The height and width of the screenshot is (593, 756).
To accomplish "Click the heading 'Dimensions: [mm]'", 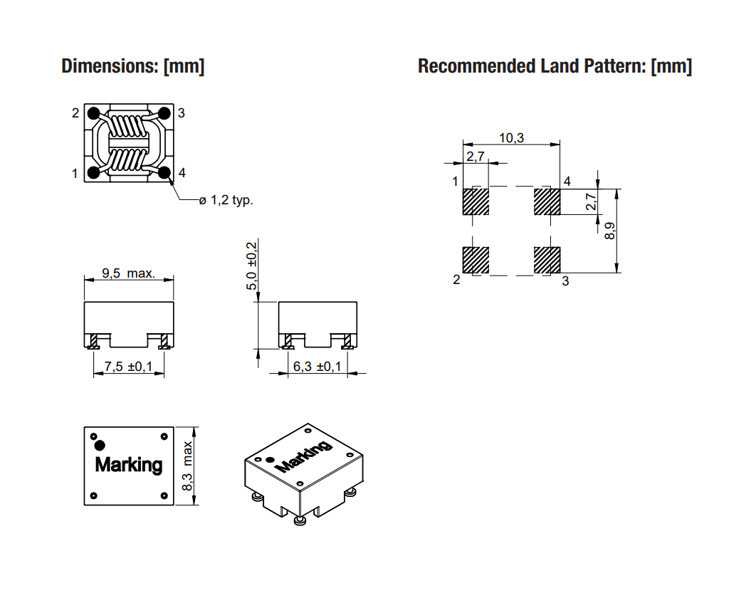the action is [x=133, y=66].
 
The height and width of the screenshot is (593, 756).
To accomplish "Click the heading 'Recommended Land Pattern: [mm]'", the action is [x=555, y=66].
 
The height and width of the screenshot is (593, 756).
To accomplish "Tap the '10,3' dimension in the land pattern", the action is [x=511, y=138].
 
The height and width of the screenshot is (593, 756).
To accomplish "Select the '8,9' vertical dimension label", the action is [x=609, y=231].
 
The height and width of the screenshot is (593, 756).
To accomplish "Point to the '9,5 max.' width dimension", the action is [x=128, y=273].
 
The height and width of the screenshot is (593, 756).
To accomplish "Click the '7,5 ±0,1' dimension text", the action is [x=128, y=367].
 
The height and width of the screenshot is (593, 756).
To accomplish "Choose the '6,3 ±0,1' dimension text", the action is [x=317, y=367].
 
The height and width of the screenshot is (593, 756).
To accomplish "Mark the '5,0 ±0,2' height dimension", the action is [x=252, y=266].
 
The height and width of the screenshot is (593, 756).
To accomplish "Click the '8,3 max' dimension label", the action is [x=187, y=466].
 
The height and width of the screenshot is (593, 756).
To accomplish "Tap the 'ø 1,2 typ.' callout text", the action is [x=226, y=199].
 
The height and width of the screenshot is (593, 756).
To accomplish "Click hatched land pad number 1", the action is [x=476, y=201].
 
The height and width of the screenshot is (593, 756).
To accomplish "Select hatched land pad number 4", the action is [x=547, y=201].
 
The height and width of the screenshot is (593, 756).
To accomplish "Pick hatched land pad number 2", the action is [x=476, y=261].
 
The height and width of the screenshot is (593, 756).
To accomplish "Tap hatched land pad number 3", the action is [x=547, y=261].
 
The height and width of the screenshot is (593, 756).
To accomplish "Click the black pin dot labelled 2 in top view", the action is [x=93, y=114].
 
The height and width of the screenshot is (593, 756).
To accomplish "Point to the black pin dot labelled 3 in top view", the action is [x=164, y=113].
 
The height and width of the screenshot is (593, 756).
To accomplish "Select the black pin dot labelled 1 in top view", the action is [x=93, y=172].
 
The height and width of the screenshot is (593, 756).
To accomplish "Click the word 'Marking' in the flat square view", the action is [x=129, y=465].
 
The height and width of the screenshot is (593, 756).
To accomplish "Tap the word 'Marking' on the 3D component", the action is [x=303, y=456].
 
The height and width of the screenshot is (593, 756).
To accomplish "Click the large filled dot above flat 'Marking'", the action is [x=100, y=445].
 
